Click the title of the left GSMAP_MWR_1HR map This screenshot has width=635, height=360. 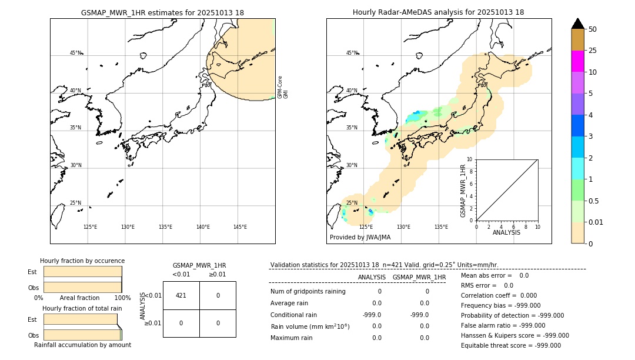pyautogui.click(x=162, y=12)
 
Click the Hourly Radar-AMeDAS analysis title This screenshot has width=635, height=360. pyautogui.click(x=439, y=12)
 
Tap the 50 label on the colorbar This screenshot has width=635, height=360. pyautogui.click(x=593, y=29)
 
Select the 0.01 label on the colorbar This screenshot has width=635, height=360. pyautogui.click(x=596, y=222)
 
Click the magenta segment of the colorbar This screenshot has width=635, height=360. pyautogui.click(x=577, y=61)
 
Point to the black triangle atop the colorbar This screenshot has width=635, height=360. pyautogui.click(x=577, y=24)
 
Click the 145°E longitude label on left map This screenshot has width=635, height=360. pyautogui.click(x=240, y=227)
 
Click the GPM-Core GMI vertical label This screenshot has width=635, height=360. pyautogui.click(x=283, y=86)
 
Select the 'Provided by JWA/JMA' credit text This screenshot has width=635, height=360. pyautogui.click(x=360, y=237)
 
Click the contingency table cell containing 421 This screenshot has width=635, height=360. pyautogui.click(x=181, y=295)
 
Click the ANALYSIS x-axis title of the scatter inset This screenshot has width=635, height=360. pyautogui.click(x=506, y=232)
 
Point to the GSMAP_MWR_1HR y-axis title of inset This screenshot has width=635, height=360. pyautogui.click(x=463, y=191)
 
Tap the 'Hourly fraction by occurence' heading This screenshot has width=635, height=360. pyautogui.click(x=82, y=261)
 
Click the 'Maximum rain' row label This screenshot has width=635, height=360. pyautogui.click(x=292, y=338)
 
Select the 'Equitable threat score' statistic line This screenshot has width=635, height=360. pyautogui.click(x=510, y=345)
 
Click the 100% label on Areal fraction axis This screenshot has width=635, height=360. pyautogui.click(x=122, y=298)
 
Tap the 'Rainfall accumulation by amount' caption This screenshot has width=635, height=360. pyautogui.click(x=82, y=345)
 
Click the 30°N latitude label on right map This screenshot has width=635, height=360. pyautogui.click(x=352, y=165)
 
